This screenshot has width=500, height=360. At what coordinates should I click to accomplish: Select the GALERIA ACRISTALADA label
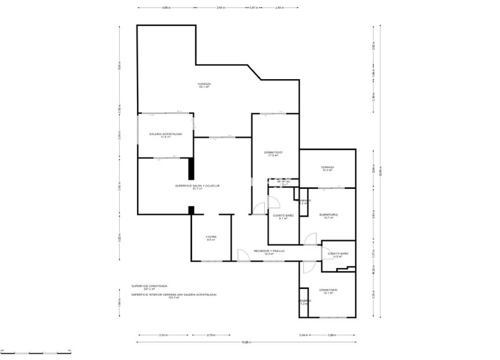coord(165,135)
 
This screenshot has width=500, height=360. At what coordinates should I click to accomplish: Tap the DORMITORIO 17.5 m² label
coord(273,154)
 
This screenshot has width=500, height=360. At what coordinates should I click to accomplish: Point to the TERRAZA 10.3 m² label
coord(328,169)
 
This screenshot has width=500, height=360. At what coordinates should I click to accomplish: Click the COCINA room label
coord(211,238)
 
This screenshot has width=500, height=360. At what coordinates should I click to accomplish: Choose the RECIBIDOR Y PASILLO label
coord(269,252)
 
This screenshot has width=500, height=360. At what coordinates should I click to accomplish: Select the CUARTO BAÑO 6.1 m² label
coord(283,217)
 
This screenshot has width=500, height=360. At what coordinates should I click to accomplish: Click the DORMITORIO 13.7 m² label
coord(328,216)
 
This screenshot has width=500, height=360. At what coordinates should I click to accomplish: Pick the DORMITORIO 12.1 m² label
coord(328,291)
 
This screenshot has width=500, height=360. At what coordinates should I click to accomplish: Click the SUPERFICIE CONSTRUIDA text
coord(149,287)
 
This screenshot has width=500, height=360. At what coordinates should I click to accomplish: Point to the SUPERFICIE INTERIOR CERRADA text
coord(173,296)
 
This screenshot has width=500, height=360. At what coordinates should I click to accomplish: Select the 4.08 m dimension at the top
coord(166,8)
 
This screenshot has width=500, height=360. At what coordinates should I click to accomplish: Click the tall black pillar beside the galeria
coord(190,168)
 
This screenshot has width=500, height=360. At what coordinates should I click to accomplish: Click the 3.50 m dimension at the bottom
coord(163,335)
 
